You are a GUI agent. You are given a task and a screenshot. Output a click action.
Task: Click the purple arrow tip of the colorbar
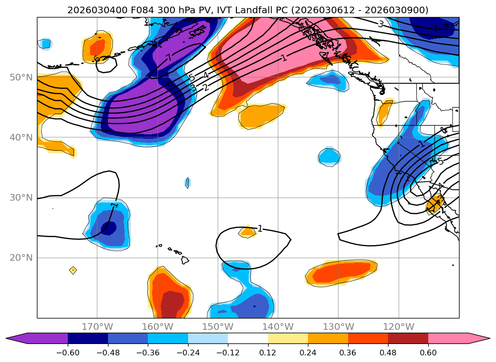[x=12, y=338]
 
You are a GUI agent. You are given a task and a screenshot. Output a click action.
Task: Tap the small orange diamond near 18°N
[x=73, y=270]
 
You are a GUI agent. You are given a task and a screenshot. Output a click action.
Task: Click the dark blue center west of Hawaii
[x=108, y=228]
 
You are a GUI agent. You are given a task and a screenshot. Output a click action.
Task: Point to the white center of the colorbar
[x=248, y=338]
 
